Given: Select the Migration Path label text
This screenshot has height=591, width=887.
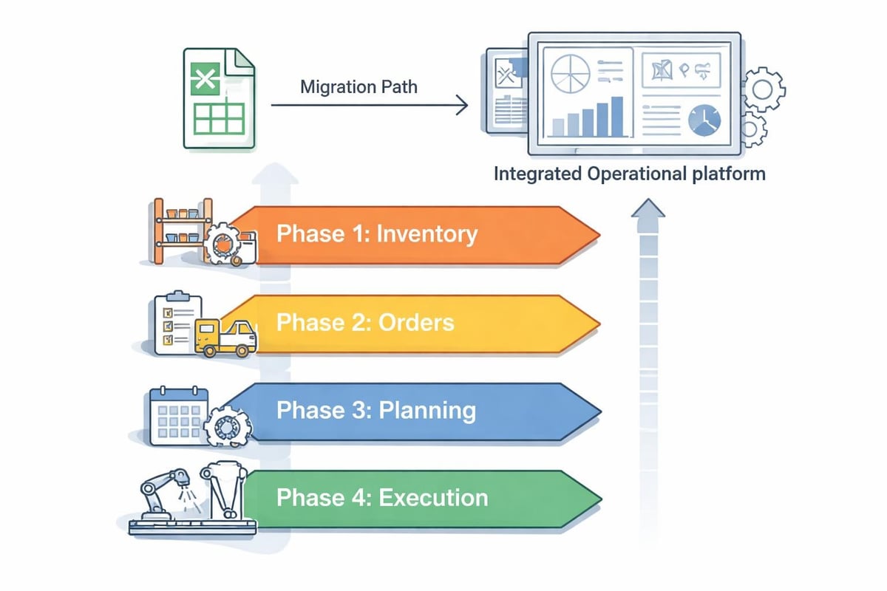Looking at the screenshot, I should [358, 87].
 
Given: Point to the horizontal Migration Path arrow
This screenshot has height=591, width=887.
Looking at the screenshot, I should [370, 106].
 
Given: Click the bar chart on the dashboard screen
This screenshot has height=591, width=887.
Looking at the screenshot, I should [588, 118].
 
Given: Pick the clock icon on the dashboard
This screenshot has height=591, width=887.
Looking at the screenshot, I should [704, 120].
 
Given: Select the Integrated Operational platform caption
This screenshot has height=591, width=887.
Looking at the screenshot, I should [629, 174].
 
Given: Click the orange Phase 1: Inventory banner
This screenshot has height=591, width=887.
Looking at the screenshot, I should [414, 235].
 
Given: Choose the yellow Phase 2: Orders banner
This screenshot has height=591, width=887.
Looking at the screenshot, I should [414, 323].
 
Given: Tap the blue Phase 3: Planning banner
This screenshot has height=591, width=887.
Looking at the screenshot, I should [414, 410].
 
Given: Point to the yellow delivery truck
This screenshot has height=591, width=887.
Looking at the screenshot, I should [225, 338].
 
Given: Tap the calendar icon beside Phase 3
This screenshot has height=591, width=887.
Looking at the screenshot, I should [174, 416].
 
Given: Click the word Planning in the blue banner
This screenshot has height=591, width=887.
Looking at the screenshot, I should [427, 410].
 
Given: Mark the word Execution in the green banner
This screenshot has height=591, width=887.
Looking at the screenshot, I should [433, 497].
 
